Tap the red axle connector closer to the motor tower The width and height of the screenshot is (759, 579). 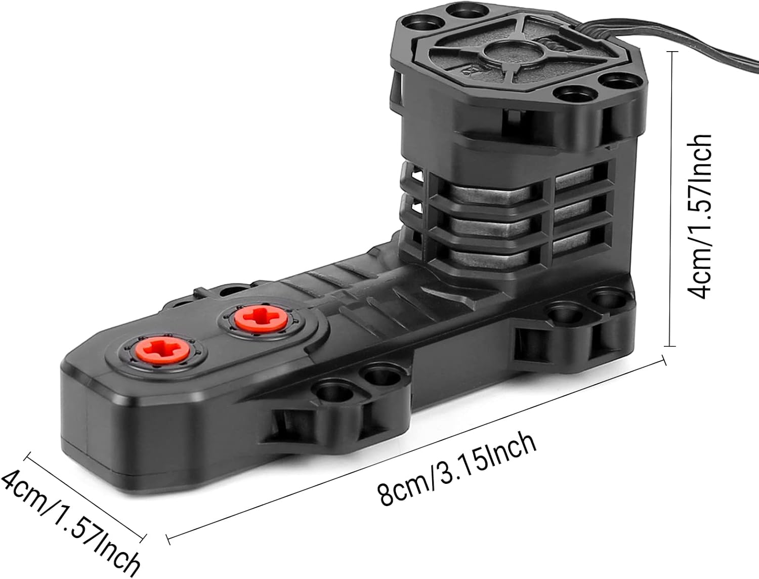tap(261, 318)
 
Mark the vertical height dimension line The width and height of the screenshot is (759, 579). tap(671, 198)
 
